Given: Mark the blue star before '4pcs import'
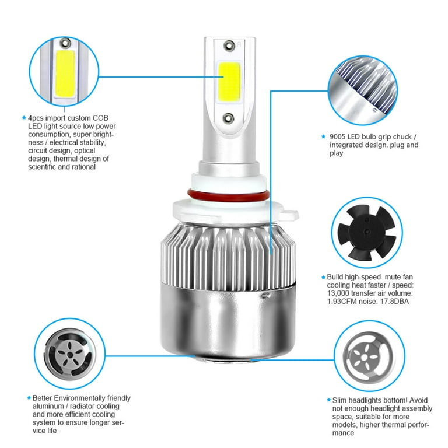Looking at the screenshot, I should (23, 118).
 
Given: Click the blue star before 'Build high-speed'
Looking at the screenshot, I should (322, 277).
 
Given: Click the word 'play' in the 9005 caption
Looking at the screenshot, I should (337, 153).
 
